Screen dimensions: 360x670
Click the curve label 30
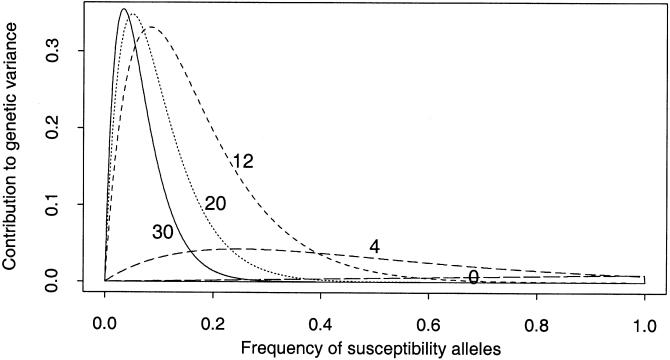click(x=165, y=232)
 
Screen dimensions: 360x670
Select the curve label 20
click(x=216, y=204)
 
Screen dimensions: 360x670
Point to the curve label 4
click(x=373, y=246)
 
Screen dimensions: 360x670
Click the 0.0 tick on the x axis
click(x=104, y=324)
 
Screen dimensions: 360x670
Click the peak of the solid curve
click(x=123, y=10)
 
